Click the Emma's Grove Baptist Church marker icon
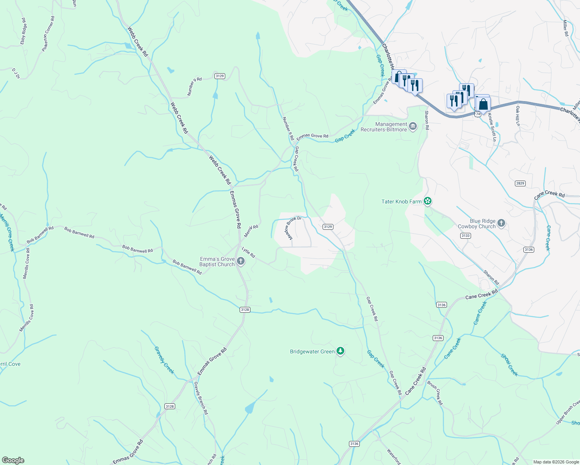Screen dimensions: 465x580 tap(241, 261)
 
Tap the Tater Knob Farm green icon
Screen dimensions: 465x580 tap(428, 201)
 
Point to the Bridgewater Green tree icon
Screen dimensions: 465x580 tap(340, 351)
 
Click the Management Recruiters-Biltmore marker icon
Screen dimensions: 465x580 tap(413, 126)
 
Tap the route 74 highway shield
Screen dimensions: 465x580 tap(478, 114)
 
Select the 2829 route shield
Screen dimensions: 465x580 tap(520, 183)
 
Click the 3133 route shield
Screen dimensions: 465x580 tap(465, 236)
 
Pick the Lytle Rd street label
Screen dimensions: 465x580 tap(248, 252)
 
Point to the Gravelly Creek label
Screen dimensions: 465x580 tap(164, 360)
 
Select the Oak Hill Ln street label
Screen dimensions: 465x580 tap(517, 116)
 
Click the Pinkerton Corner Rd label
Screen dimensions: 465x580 tap(48, 34)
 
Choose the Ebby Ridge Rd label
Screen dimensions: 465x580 tap(24, 31)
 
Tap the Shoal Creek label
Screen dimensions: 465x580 tap(509, 365)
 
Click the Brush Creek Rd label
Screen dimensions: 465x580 tap(435, 393)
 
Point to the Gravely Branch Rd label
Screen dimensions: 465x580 tap(201, 398)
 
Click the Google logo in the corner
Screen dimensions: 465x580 tap(13, 460)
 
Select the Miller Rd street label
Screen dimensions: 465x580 tap(565, 28)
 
